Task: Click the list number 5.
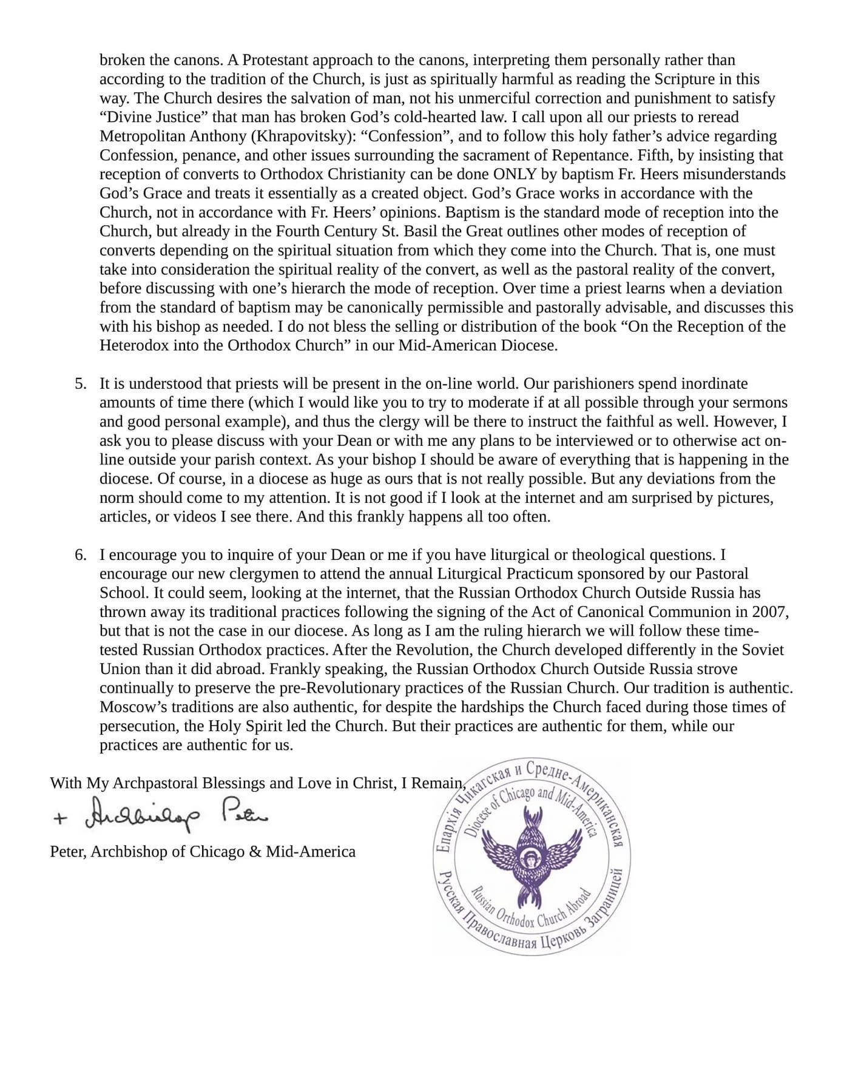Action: pyautogui.click(x=80, y=384)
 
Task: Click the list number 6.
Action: pyautogui.click(x=80, y=555)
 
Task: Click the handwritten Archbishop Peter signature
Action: pyautogui.click(x=176, y=818)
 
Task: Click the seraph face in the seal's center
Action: pyautogui.click(x=529, y=858)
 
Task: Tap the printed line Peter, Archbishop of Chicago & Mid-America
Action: pyautogui.click(x=203, y=852)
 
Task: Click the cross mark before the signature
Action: pyautogui.click(x=59, y=819)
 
